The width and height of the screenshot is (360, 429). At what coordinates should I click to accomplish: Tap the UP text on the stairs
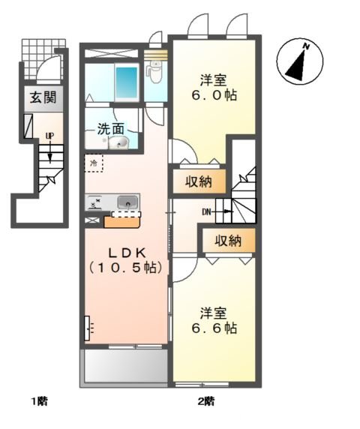click(49, 136)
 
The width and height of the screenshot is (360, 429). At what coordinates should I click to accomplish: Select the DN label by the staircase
click(208, 212)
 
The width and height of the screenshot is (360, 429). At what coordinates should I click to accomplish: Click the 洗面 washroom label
click(110, 128)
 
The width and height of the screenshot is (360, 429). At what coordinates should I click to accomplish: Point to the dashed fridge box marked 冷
click(94, 161)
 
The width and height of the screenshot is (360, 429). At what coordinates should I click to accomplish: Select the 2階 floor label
click(205, 400)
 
